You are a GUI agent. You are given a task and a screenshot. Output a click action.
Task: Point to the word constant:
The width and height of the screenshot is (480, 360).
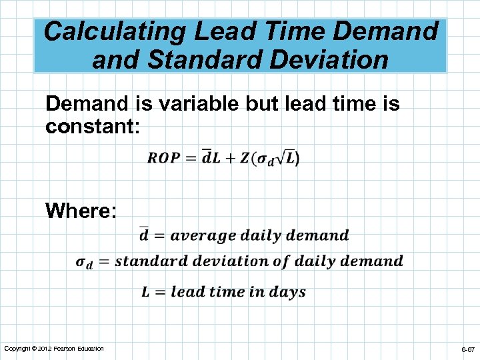coord(93,126)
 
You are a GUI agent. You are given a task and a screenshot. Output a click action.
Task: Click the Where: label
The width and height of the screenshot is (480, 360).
coord(81,211)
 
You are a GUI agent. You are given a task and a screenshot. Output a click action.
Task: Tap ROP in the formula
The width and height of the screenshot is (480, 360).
coord(163,158)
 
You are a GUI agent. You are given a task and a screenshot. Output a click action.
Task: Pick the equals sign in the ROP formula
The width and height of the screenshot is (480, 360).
coord(191,159)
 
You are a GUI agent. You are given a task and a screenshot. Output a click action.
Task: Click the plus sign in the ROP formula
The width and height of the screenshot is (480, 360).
coord(229,159)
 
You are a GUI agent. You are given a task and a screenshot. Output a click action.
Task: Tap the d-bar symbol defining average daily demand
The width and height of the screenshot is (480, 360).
coord(144,234)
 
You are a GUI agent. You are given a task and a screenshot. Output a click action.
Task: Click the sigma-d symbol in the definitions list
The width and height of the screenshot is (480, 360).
coord(84,262)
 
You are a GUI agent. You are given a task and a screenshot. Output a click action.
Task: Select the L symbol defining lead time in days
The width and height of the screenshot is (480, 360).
coord(145,291)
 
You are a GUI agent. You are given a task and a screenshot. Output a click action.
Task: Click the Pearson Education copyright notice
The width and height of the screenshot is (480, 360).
coord(53,349)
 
